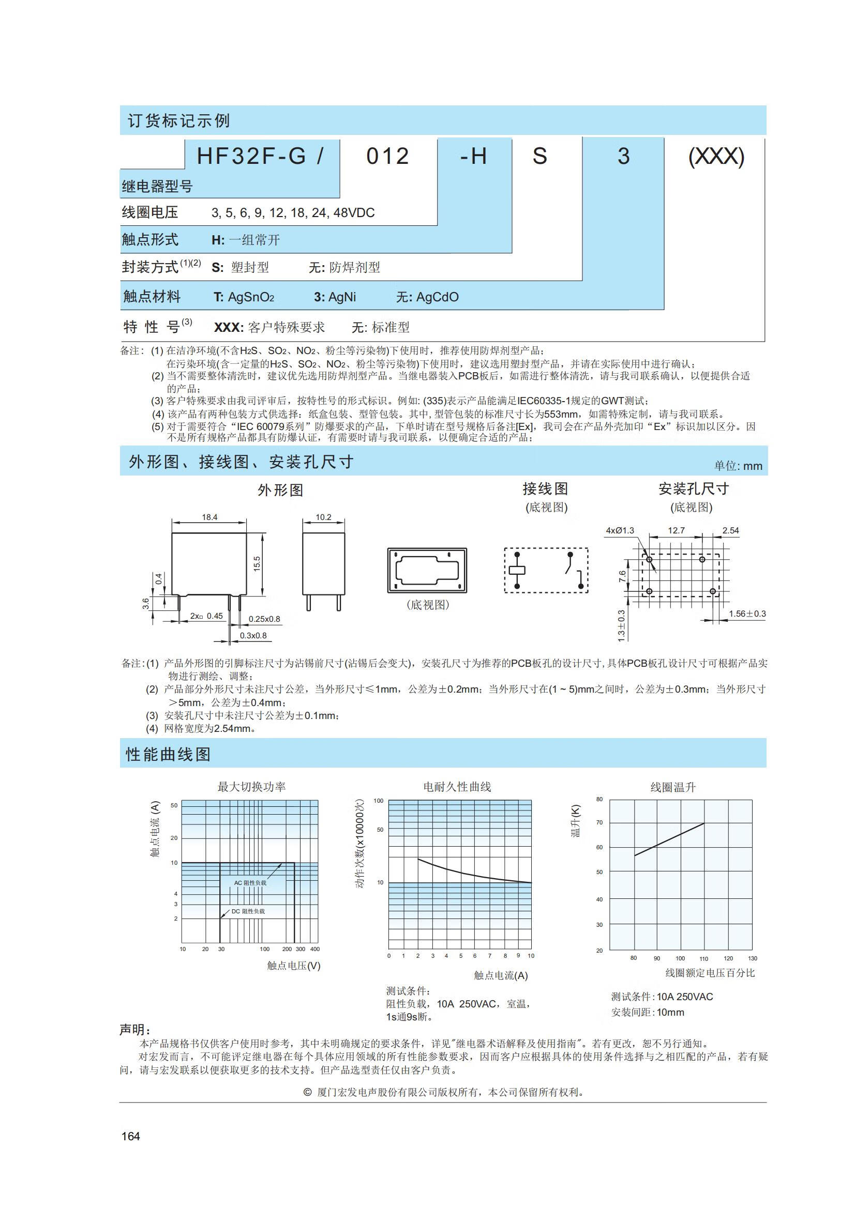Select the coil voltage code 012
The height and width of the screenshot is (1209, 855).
coord(388,157)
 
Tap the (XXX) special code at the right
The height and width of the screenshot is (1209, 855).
coord(716,157)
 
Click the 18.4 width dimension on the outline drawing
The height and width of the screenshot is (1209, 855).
coord(209,517)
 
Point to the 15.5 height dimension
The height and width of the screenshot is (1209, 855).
coord(257,563)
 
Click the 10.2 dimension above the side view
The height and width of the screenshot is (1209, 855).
coord(323,517)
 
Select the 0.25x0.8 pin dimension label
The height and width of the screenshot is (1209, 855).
coord(264,619)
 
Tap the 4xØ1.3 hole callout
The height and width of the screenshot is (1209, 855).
coord(620,530)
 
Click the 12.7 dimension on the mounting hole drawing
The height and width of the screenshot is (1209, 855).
coord(676,530)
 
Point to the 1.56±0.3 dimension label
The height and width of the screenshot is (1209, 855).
coord(747,614)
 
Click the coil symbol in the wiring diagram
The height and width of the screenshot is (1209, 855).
coord(517,570)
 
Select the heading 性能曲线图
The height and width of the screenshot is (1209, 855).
coord(168,754)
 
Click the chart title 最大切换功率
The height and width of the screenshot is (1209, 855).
coord(251,787)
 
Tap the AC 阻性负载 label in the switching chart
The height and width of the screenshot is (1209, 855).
coord(250,883)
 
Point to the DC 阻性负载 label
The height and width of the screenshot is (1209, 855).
coord(248,911)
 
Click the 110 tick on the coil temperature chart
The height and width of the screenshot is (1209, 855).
coord(704,958)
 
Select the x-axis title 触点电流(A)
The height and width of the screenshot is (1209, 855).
coord(501,975)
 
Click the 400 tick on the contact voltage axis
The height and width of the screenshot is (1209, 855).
coord(314,949)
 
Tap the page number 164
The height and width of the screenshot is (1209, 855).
coord(131,1136)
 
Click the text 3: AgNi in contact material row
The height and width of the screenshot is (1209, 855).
coord(335,297)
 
